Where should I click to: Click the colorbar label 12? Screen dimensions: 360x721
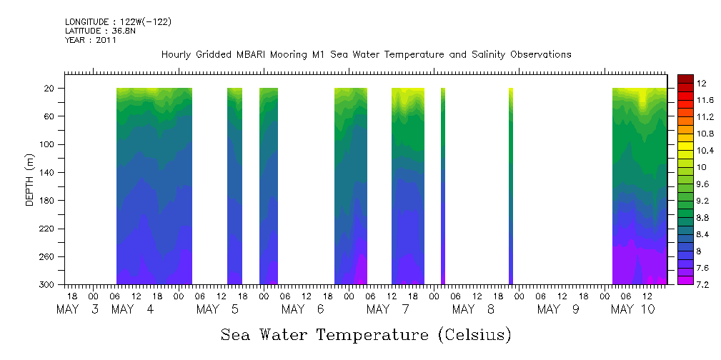700,84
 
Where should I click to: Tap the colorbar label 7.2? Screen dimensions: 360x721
702,284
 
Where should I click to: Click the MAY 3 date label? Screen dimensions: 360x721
78,309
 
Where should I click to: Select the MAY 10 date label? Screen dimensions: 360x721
633,309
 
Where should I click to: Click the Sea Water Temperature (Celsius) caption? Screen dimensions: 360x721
366,335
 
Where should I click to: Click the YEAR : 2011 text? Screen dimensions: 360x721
90,41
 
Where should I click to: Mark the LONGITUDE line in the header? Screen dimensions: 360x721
118,22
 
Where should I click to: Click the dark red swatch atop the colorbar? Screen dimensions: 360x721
685,79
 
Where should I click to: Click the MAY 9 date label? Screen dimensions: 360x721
558,309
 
